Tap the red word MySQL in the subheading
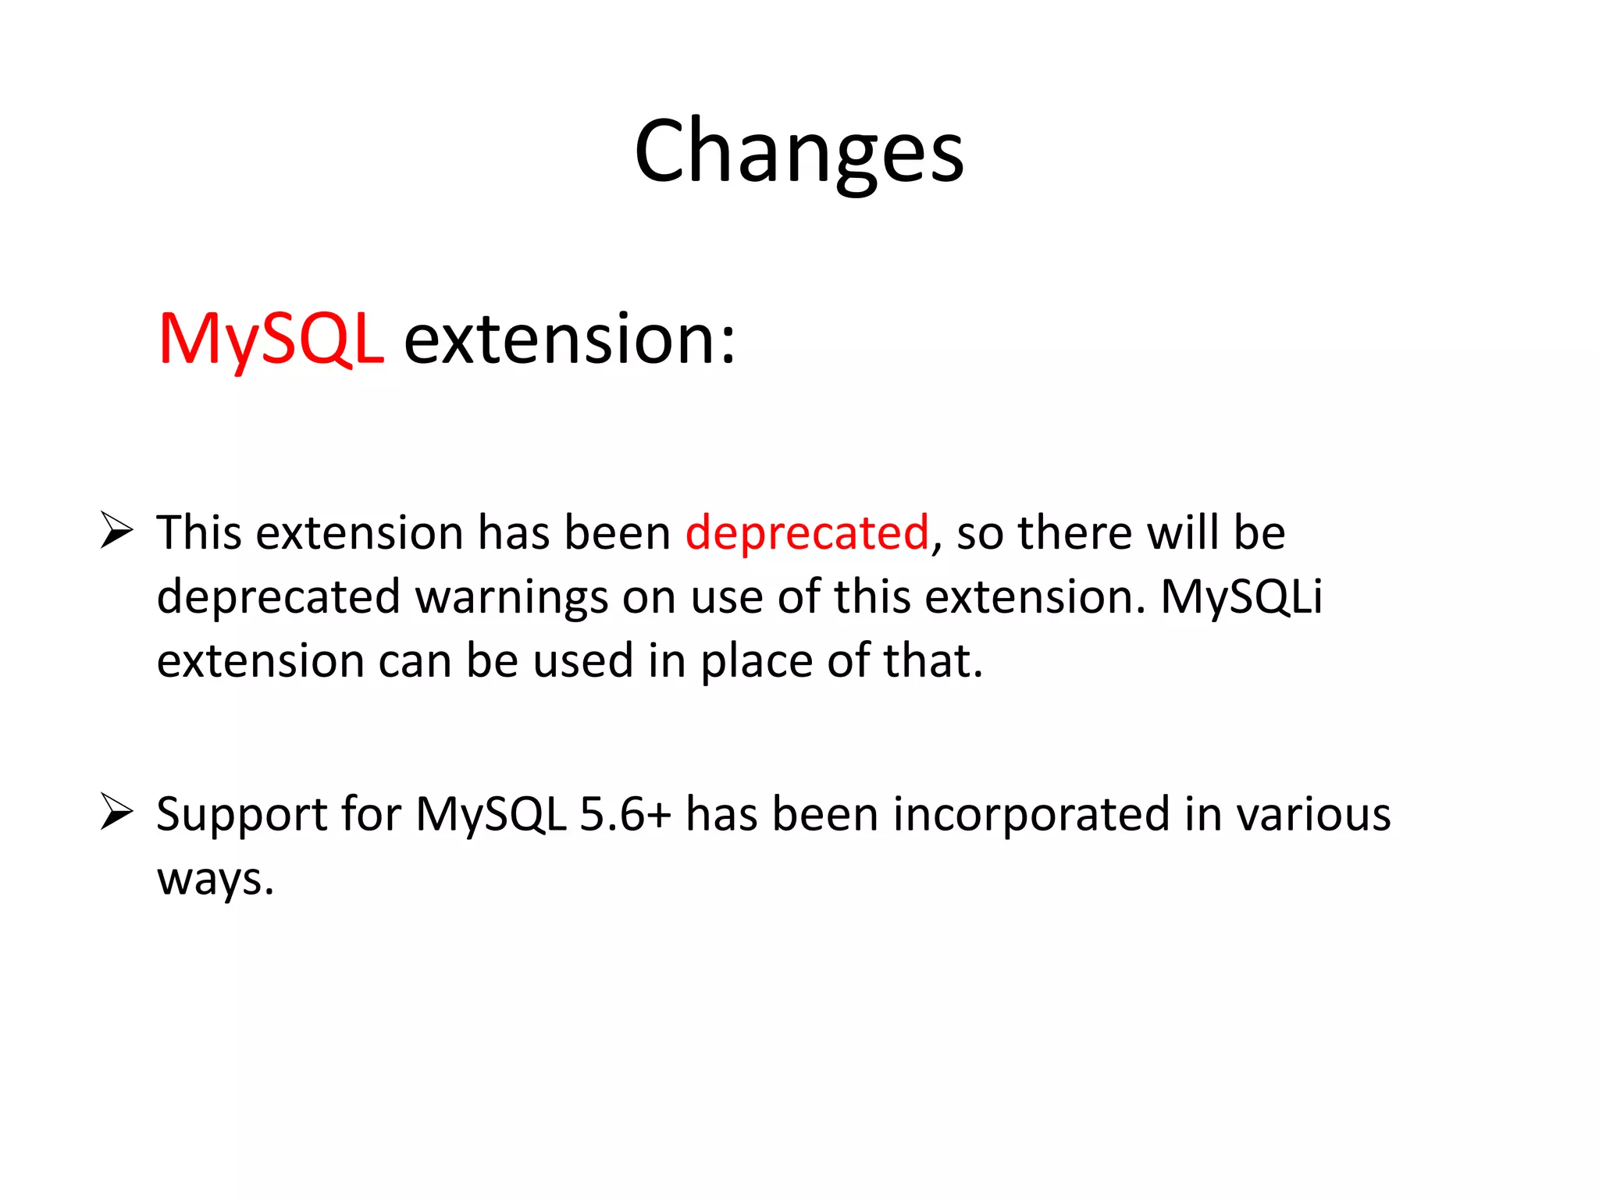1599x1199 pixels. point(271,339)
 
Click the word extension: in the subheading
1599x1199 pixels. point(569,339)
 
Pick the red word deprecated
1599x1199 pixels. point(807,533)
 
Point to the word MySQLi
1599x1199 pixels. point(1241,597)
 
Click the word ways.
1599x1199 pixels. point(215,880)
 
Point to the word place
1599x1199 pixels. point(757,662)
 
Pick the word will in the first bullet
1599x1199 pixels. point(1183,533)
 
